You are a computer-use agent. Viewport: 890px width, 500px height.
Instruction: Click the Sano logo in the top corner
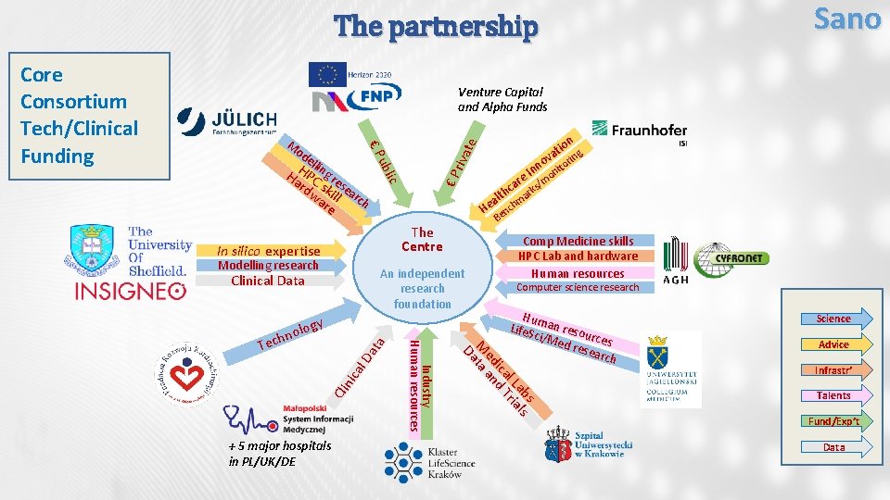pos(846,18)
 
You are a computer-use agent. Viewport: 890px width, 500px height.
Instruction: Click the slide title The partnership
pos(435,27)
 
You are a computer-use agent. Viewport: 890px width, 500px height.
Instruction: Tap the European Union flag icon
pos(326,75)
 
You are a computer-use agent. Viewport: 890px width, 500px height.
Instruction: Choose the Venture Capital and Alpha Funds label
pos(502,99)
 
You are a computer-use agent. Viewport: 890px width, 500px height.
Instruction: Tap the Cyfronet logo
pos(732,258)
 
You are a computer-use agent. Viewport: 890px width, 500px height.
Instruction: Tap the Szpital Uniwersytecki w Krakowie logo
pos(590,444)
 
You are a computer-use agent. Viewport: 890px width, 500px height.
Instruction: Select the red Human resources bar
pos(577,273)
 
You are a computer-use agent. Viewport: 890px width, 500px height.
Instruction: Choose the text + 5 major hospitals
pos(279,446)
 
